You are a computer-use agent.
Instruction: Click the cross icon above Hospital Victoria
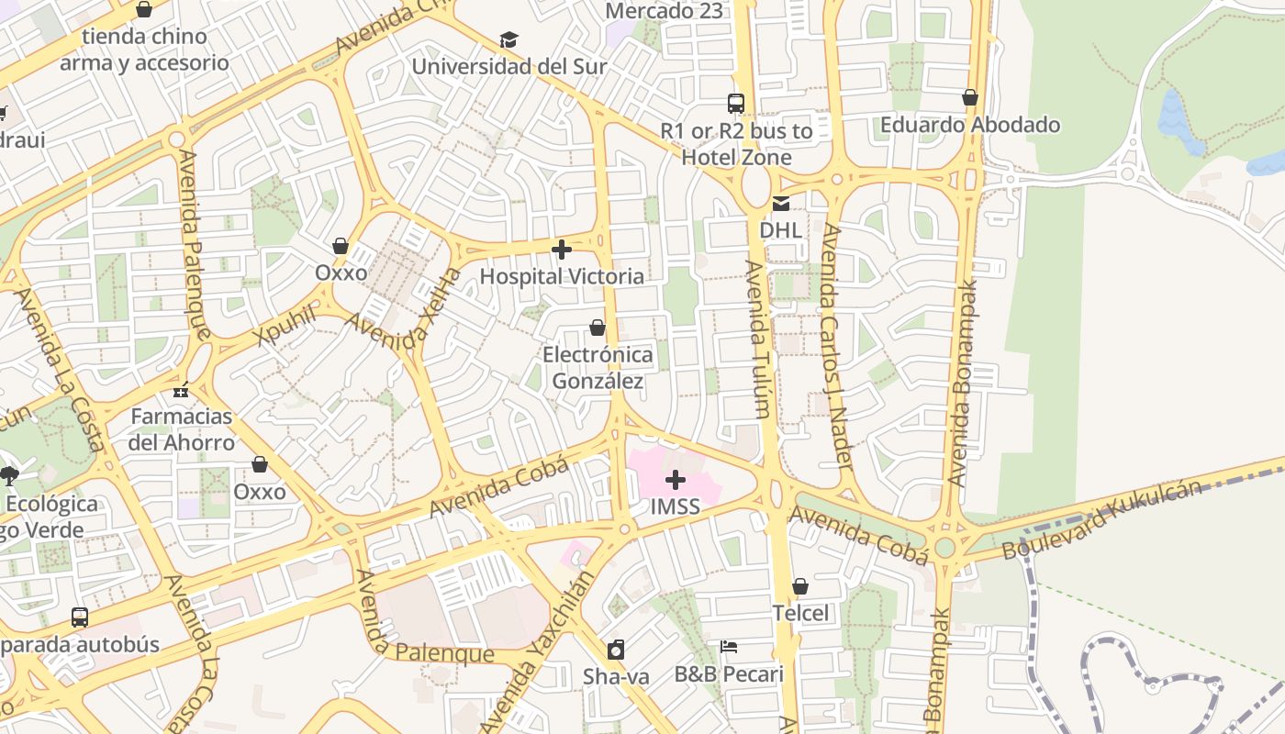coord(562,249)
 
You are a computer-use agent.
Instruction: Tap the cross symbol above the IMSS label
coord(676,480)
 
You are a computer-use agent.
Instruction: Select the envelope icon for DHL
coord(780,204)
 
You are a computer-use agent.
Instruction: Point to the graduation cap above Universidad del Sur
coord(508,39)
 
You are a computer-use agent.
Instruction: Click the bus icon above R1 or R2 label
coord(736,104)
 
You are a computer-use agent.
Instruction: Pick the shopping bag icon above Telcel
coord(800,586)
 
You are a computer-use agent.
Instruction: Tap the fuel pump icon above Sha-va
coord(616,650)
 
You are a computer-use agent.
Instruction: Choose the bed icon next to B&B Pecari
coord(729,647)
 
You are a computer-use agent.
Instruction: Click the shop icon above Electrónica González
coord(598,328)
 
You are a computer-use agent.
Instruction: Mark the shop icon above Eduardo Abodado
coord(970,97)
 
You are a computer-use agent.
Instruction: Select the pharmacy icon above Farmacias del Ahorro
coord(181,390)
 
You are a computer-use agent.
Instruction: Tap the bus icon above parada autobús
coord(80,617)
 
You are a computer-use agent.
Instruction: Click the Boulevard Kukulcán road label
coord(1101,519)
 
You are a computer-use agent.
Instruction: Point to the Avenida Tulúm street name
coord(756,339)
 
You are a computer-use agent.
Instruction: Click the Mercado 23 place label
coord(665,11)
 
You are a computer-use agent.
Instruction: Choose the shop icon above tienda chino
coord(144,10)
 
